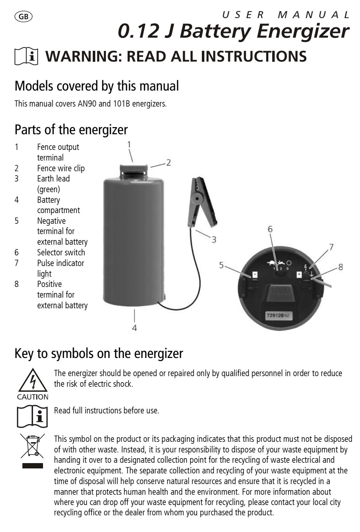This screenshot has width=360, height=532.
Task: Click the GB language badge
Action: [x=23, y=16]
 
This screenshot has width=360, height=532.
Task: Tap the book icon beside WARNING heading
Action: [x=27, y=57]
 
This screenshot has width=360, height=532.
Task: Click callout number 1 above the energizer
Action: [x=129, y=145]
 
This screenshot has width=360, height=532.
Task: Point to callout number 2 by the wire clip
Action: [x=168, y=163]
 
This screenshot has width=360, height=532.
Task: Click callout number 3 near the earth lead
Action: [x=214, y=240]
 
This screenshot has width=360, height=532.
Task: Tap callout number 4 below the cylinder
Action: [x=134, y=328]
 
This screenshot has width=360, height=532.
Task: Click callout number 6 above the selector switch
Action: [x=270, y=229]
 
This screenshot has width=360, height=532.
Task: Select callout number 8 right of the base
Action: [x=340, y=267]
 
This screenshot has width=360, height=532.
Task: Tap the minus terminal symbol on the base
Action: [x=255, y=275]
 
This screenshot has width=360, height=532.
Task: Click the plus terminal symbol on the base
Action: [x=299, y=275]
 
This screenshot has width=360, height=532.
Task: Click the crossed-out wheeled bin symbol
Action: [x=32, y=445]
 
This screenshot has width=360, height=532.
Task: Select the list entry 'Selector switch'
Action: [x=61, y=253]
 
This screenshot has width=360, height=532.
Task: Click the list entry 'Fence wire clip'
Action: [x=61, y=168]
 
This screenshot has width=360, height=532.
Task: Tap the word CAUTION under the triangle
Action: [x=33, y=397]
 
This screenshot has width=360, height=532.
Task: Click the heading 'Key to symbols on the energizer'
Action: [x=99, y=353]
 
